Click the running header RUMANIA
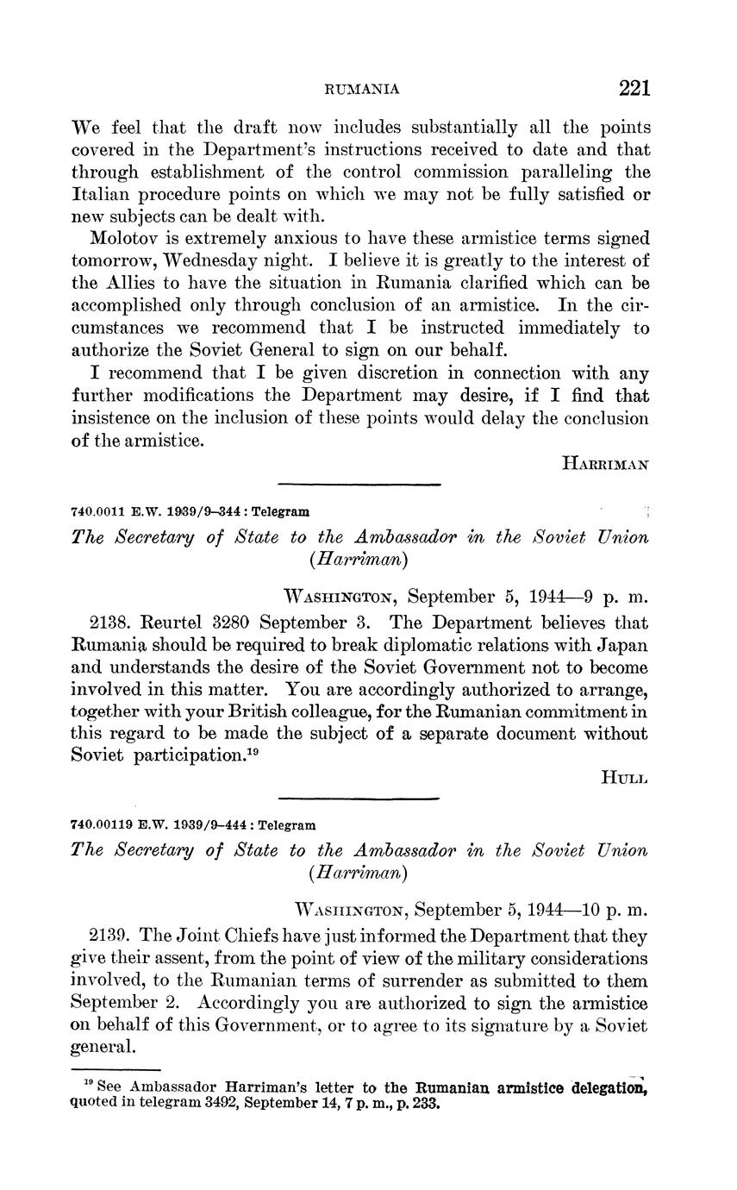360,89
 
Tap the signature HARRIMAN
605,464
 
